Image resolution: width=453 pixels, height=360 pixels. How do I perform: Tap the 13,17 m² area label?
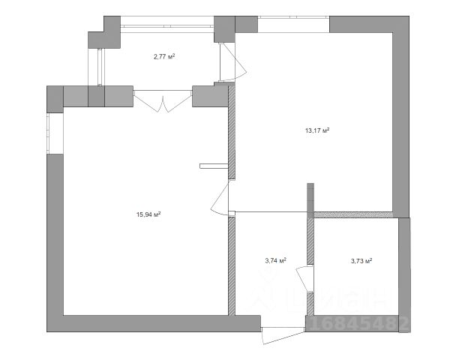317,130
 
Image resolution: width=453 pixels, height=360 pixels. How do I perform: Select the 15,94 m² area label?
148,214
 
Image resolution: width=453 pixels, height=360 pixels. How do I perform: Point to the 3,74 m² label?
276,261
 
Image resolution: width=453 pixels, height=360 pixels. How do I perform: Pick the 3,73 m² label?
362,261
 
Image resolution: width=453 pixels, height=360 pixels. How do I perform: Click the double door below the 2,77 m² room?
163,100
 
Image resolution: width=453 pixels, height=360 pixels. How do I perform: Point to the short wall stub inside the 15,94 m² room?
213,164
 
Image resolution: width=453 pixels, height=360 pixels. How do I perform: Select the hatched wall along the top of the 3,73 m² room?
355,214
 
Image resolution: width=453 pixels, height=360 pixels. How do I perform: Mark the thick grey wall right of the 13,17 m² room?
401,120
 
